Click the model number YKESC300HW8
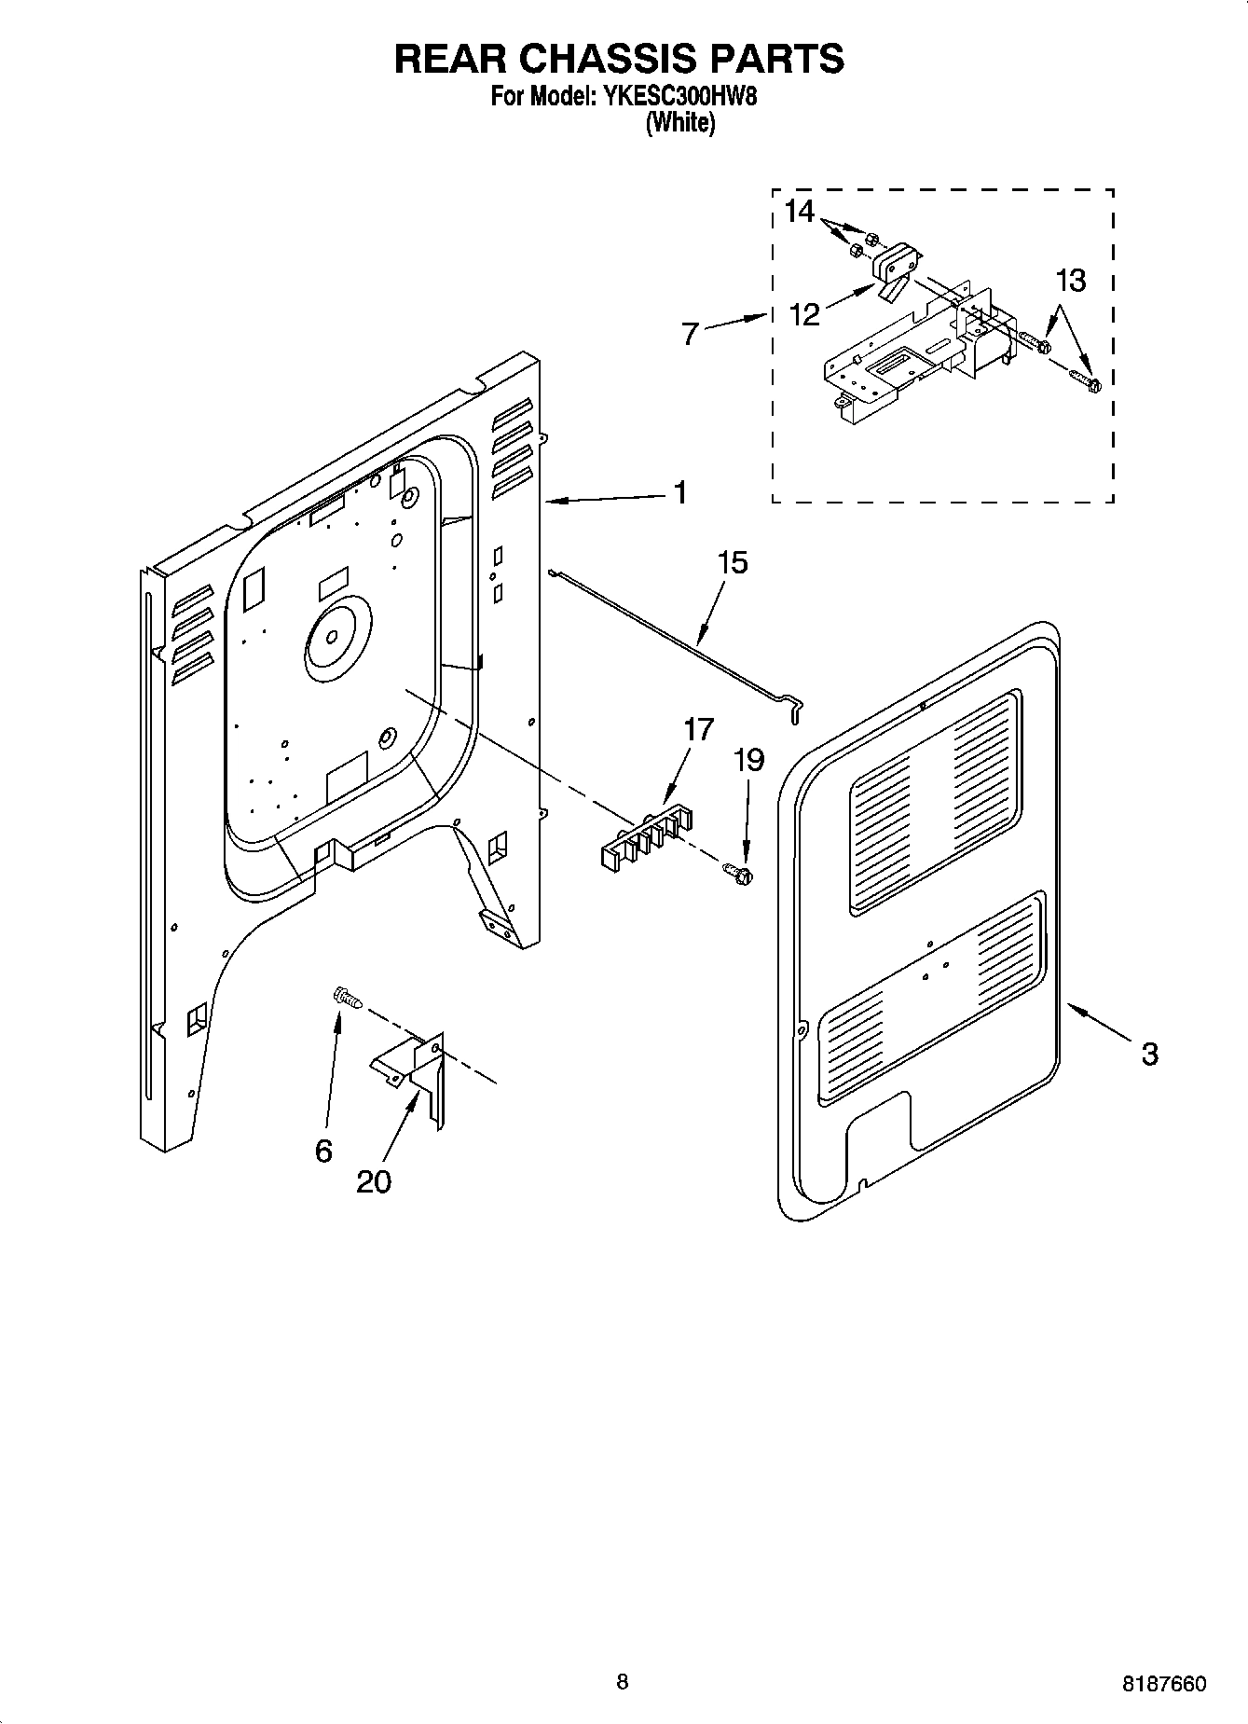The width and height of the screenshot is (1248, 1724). coord(685,96)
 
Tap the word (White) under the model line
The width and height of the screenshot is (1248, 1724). coord(680,122)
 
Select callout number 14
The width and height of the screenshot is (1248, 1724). coord(799,212)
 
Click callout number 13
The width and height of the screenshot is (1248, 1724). coord(1071,280)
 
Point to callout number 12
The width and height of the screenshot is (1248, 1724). coord(804,314)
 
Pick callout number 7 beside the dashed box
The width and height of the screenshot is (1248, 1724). coord(690,334)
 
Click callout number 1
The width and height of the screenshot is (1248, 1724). coord(681,492)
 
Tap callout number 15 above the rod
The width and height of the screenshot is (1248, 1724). coord(733,563)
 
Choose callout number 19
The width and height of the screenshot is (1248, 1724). coord(748,761)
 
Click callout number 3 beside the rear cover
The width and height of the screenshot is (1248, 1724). coord(1149,1054)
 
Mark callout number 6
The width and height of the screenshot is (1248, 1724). coord(323,1152)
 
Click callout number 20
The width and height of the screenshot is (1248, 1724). coord(374,1181)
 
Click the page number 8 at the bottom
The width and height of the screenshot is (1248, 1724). coord(623,1682)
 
